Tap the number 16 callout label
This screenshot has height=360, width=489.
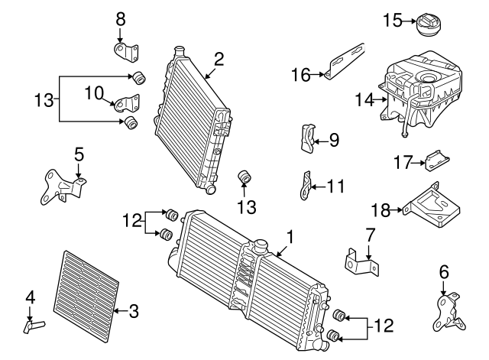[302, 74]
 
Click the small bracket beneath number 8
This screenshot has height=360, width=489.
[128, 52]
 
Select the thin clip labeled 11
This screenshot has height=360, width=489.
[305, 186]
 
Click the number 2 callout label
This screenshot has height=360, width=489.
[219, 58]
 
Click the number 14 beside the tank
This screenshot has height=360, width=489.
[364, 99]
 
